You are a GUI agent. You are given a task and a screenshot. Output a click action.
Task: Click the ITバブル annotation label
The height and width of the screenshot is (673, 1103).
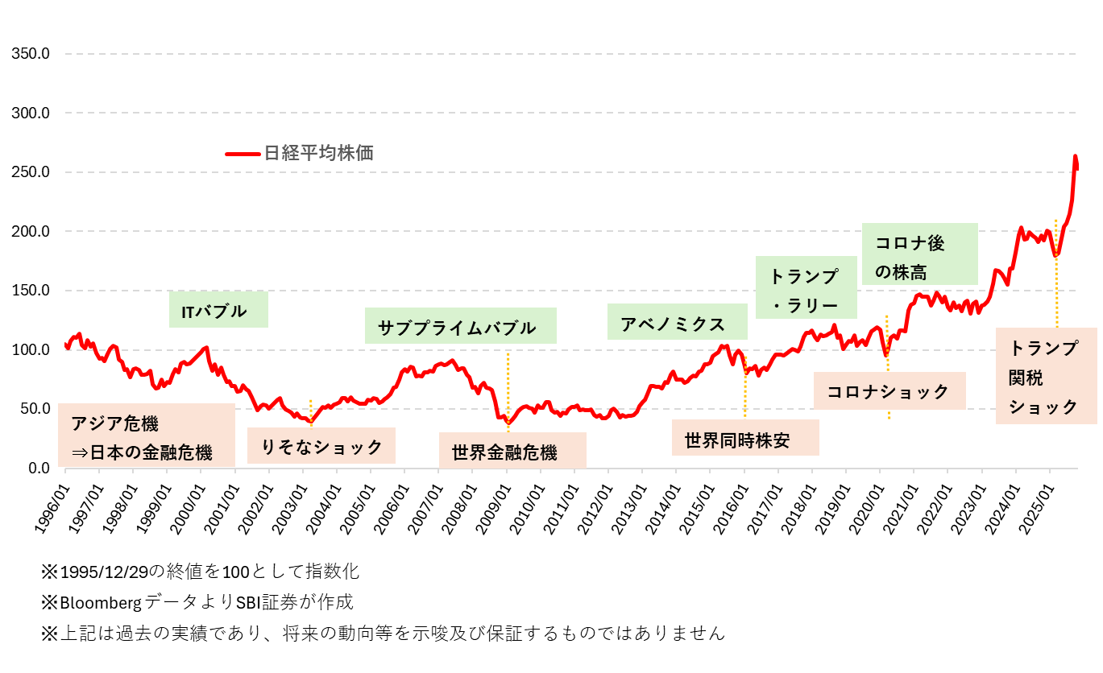point(218,310)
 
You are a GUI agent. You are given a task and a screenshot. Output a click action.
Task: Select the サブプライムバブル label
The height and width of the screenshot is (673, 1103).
point(460,326)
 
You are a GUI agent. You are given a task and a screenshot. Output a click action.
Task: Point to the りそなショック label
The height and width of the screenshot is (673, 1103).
point(321,446)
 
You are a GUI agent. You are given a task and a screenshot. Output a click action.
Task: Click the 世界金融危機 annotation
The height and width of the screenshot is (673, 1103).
point(512,451)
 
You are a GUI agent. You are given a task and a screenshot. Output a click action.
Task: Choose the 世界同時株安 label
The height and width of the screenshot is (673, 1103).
point(745,439)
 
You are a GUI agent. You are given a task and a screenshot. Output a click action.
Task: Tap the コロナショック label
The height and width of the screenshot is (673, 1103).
point(889,391)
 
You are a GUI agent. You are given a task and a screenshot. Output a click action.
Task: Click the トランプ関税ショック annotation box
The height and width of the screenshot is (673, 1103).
point(1046,376)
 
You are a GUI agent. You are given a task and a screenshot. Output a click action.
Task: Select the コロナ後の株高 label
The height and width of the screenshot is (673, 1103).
point(919,254)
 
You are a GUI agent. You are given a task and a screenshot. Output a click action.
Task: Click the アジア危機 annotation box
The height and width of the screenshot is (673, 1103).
point(147,435)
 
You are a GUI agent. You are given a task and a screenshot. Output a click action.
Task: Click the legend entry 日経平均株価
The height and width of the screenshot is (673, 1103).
point(318,153)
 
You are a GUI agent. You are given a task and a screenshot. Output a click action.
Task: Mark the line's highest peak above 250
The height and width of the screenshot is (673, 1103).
point(1075,157)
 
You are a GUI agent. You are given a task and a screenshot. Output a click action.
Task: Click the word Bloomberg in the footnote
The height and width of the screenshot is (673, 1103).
point(101,602)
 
